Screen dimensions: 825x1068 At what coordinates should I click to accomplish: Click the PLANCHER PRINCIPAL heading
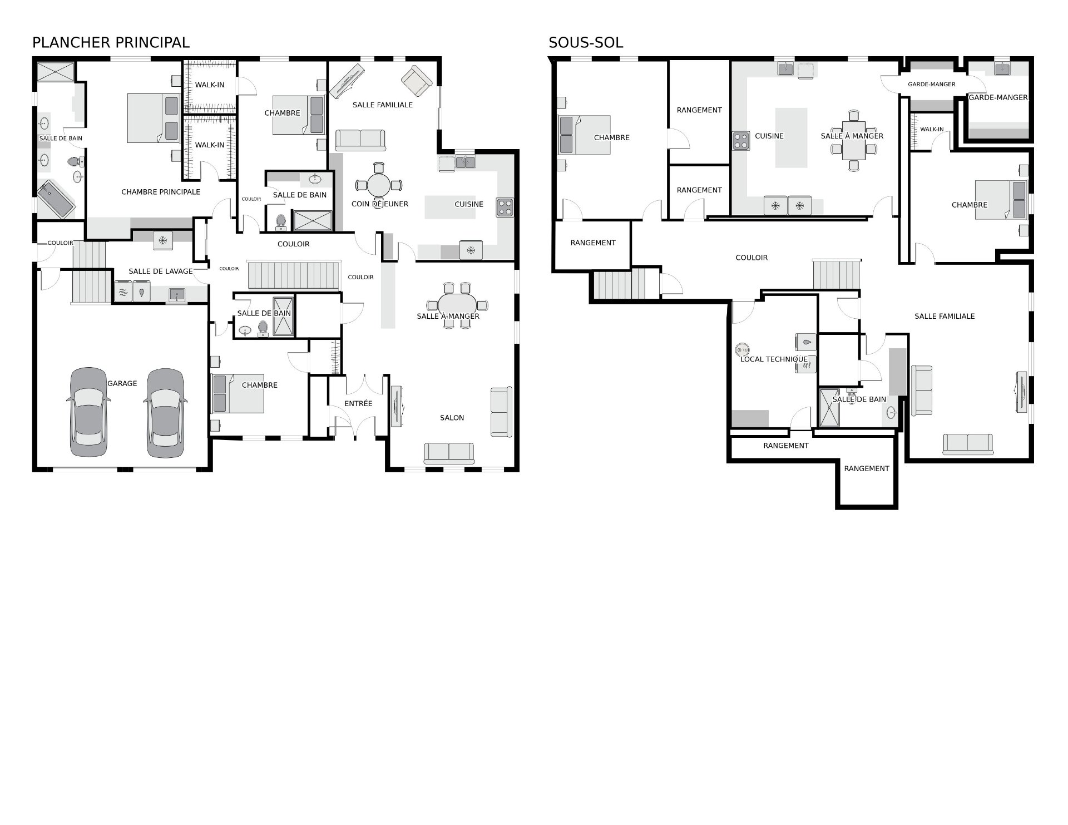tap(111, 42)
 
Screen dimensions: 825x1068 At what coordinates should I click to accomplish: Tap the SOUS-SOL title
tap(586, 42)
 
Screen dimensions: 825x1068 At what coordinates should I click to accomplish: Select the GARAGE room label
tap(122, 383)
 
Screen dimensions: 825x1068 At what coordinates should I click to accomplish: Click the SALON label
tap(452, 418)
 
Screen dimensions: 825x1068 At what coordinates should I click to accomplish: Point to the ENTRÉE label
tap(358, 403)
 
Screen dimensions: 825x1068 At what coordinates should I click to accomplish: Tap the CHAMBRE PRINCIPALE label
tap(161, 192)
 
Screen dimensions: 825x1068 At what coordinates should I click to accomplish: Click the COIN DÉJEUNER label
tap(380, 204)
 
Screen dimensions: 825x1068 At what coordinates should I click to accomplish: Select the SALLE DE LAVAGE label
tap(161, 271)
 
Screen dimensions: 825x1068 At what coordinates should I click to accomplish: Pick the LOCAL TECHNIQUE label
tap(774, 359)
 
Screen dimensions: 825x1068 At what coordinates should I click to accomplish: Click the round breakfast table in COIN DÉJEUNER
tap(379, 185)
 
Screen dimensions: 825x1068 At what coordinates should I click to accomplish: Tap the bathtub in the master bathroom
tap(56, 200)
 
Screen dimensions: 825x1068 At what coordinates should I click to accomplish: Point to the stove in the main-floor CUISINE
tap(505, 208)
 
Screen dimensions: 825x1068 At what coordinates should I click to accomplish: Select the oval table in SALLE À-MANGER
tap(457, 305)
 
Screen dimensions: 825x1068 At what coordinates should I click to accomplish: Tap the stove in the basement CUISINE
tap(740, 141)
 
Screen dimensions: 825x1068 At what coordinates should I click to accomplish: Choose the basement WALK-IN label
tap(932, 130)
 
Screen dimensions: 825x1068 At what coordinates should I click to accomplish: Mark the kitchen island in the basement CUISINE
tap(792, 137)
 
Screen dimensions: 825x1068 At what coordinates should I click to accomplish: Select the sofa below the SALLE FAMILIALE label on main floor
tap(360, 140)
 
